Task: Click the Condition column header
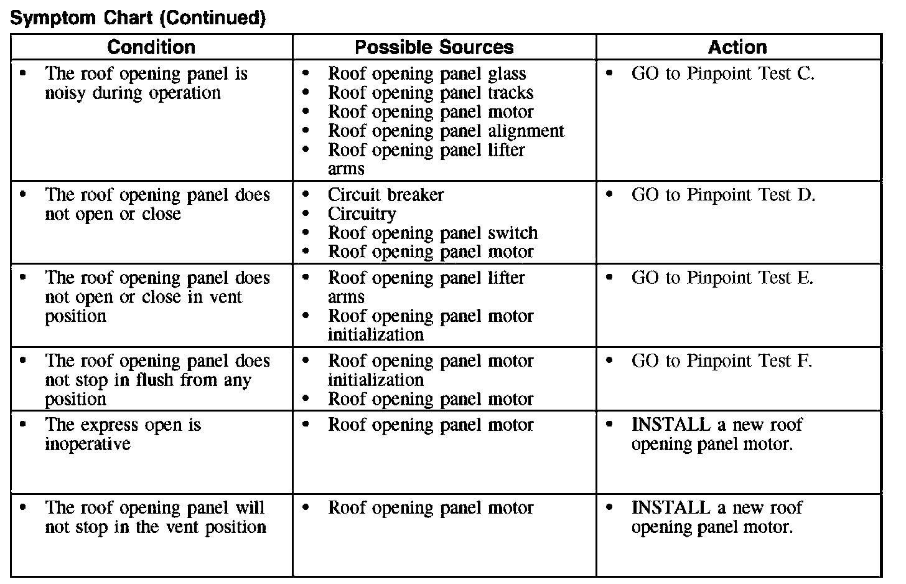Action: tap(151, 47)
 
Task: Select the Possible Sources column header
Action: tap(434, 47)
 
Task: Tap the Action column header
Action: tap(737, 47)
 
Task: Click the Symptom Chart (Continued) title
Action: tap(138, 19)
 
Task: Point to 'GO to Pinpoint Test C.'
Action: tap(722, 74)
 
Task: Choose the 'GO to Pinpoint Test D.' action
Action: tap(723, 195)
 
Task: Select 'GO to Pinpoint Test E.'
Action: tap(722, 278)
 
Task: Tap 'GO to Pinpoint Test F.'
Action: tap(722, 361)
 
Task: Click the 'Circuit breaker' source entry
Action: tap(386, 195)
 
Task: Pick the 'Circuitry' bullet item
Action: tap(362, 214)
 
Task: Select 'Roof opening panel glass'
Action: tap(427, 74)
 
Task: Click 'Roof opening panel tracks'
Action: tap(431, 93)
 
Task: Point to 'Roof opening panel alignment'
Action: tap(446, 131)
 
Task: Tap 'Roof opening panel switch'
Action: tap(433, 233)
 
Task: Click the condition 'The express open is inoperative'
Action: tap(123, 435)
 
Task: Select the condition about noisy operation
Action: tap(146, 83)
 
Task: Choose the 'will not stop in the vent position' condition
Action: tap(155, 517)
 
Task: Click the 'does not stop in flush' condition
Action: tap(157, 380)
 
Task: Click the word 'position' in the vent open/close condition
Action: tap(75, 316)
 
